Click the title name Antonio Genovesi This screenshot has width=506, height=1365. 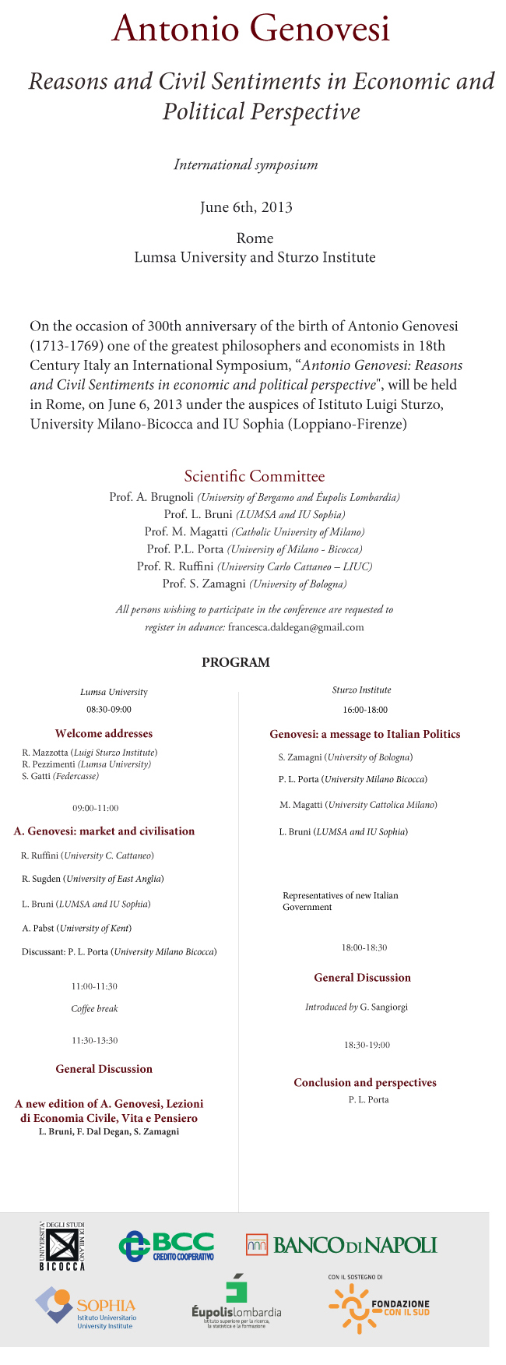coord(251,30)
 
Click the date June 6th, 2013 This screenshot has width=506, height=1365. coord(246,207)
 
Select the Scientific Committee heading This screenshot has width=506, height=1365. coord(255,476)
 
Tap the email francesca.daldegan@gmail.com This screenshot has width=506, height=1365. coord(296,627)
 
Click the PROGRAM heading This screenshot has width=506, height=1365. coord(236,663)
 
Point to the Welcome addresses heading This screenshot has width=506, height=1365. coord(104,733)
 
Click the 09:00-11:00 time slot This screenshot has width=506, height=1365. coord(96,808)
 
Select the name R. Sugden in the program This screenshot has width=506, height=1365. coord(41,879)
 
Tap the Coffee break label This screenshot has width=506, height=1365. coord(95,1008)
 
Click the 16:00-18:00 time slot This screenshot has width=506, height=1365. coord(365,710)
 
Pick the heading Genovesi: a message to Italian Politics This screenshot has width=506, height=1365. coord(365,734)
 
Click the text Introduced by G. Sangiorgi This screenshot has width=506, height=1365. coord(356,1007)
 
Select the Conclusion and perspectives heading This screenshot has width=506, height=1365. coord(365,1082)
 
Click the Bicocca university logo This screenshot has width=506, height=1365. coord(62,1246)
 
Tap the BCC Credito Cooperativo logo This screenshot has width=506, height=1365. coord(167,1246)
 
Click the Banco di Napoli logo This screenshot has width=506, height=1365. coord(341,1244)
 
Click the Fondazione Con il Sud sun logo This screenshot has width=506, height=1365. coord(355,1309)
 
